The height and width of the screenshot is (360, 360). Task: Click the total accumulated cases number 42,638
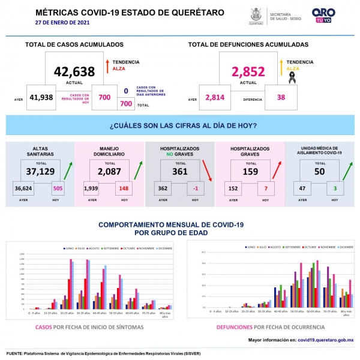(74, 71)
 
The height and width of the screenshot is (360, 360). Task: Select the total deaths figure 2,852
(248, 71)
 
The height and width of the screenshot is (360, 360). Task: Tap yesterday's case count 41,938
(41, 98)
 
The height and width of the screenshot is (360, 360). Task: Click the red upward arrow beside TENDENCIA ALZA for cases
(106, 65)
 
